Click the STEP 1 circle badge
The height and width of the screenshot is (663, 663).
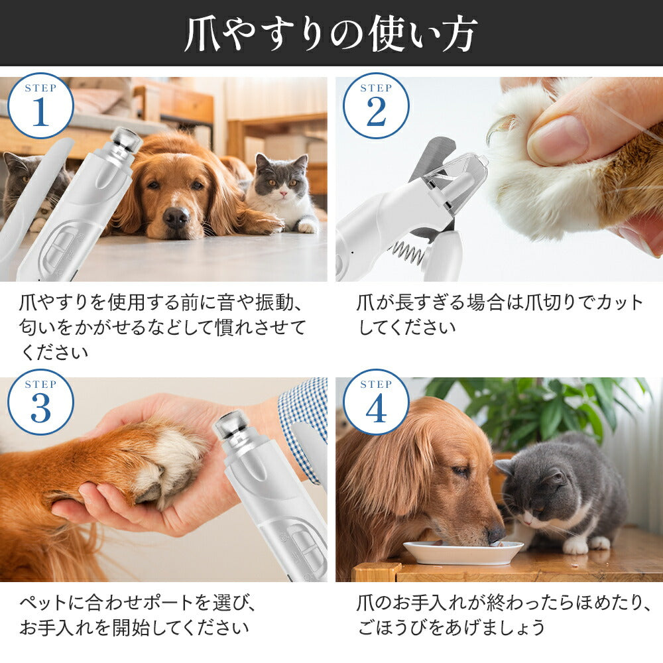[40, 105]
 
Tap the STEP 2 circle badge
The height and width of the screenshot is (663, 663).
[376, 105]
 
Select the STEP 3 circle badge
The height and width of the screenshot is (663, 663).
[40, 402]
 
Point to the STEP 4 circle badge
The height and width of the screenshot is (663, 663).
[376, 402]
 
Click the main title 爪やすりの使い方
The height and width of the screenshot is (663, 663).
[331, 34]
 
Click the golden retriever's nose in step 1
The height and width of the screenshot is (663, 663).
[176, 216]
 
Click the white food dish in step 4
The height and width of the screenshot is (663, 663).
[463, 552]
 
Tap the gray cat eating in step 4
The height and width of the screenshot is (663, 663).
[562, 495]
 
